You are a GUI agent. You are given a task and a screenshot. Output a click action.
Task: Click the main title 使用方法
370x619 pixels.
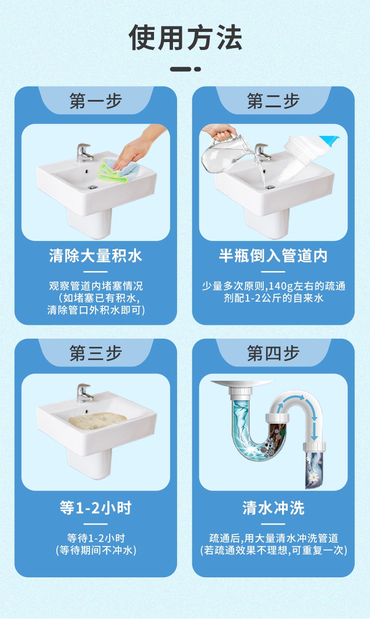click(185, 37)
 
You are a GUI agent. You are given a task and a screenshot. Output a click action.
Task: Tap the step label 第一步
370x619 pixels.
click(96, 101)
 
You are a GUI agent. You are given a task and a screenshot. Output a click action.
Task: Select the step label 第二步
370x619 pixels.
click(273, 101)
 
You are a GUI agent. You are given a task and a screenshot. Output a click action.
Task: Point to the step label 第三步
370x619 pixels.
click(96, 353)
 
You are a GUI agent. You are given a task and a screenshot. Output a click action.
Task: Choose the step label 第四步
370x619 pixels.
click(273, 353)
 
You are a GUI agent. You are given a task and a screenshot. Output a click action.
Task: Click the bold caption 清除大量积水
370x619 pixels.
click(96, 256)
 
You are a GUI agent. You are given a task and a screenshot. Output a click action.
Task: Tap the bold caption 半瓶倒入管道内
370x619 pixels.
click(273, 256)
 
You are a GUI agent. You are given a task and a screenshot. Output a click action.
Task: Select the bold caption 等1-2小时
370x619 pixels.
click(96, 508)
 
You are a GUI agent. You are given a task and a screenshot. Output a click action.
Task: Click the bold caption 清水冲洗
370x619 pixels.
click(273, 508)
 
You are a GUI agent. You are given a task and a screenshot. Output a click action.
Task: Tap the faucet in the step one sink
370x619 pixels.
click(85, 153)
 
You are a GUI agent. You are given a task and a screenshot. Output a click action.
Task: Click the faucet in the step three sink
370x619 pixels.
click(85, 393)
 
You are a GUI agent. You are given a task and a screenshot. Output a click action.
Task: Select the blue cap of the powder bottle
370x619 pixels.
click(329, 140)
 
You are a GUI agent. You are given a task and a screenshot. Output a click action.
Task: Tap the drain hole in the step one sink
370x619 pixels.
click(92, 187)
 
